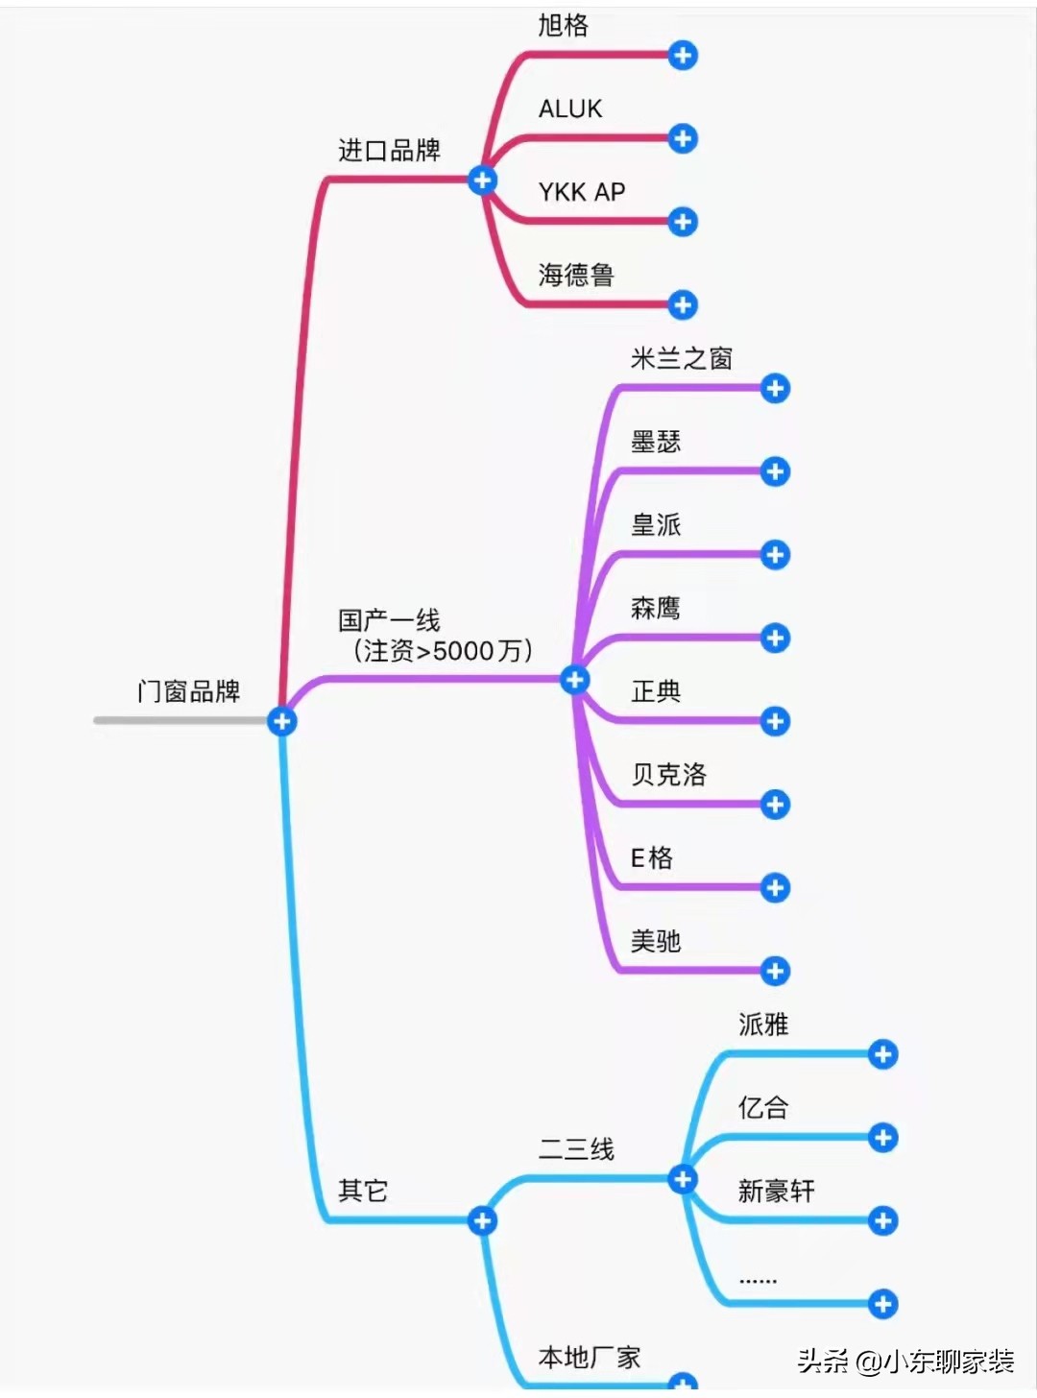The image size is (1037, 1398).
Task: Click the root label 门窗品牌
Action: click(188, 691)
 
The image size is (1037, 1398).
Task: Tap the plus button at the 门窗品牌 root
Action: click(281, 721)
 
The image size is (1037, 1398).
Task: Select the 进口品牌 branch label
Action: click(389, 151)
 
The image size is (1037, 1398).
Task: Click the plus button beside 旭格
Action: click(683, 56)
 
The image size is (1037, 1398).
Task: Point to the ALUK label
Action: click(570, 109)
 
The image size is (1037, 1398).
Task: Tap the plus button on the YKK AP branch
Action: click(683, 222)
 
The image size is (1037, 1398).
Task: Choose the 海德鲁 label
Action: click(576, 276)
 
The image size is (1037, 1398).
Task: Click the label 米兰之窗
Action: click(682, 359)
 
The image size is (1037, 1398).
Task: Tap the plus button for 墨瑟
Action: click(775, 471)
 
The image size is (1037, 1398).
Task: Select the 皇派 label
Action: click(656, 525)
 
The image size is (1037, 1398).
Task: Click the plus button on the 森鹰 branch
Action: click(775, 638)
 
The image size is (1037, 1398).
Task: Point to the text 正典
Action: click(656, 691)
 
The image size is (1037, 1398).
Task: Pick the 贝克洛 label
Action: click(669, 775)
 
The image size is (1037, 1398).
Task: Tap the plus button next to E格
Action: click(775, 887)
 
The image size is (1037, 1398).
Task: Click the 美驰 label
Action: click(656, 941)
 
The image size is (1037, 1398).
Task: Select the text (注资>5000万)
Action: click(443, 651)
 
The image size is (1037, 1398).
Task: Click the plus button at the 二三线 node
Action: click(683, 1179)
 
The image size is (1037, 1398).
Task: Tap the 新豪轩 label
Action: click(776, 1192)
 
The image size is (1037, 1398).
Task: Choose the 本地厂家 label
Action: click(590, 1358)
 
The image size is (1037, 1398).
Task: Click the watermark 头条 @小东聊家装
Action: click(905, 1362)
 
